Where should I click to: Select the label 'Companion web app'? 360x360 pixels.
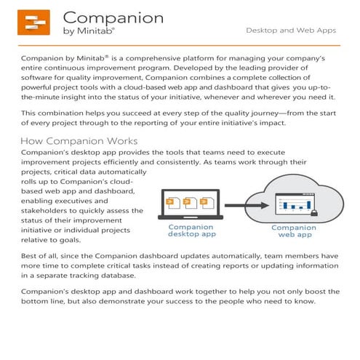click(x=293, y=231)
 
